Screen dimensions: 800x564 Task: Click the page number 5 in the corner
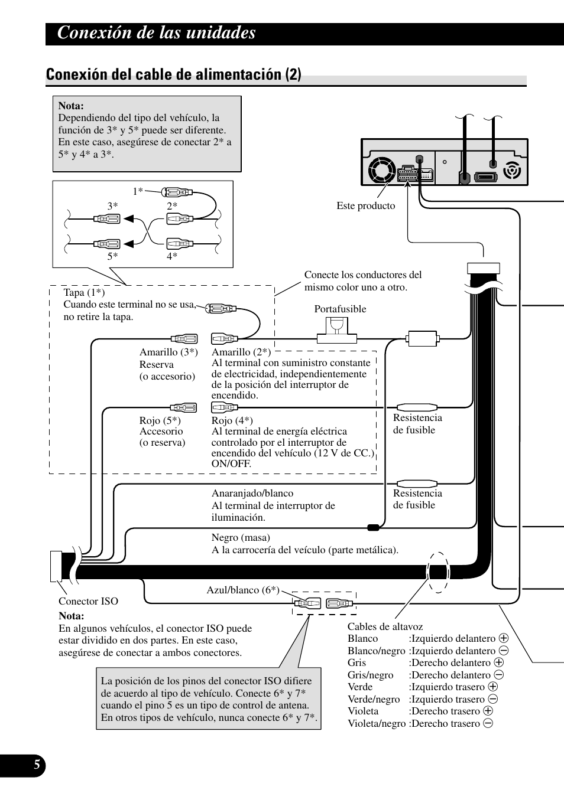tap(36, 766)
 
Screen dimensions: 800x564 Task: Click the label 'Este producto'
tap(365, 205)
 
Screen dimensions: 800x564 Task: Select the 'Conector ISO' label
tap(88, 601)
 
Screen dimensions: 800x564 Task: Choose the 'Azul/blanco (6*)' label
tap(242, 590)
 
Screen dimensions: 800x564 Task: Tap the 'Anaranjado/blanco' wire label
tap(252, 493)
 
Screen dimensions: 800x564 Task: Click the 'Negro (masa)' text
tap(241, 537)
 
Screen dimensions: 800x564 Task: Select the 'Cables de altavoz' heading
tap(385, 626)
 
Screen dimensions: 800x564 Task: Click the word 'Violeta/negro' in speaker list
tap(376, 723)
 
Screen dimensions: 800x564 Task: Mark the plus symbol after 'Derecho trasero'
tap(488, 711)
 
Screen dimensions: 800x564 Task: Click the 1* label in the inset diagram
tap(138, 191)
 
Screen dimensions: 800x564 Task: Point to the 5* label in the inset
tap(112, 256)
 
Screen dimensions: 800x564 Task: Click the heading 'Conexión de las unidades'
tap(157, 32)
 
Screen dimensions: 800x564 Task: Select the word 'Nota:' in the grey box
tap(71, 106)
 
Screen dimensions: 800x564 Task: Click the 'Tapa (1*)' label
tap(84, 292)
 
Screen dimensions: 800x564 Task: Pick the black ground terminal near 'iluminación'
tap(373, 527)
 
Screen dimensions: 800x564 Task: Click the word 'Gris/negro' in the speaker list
tap(370, 675)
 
